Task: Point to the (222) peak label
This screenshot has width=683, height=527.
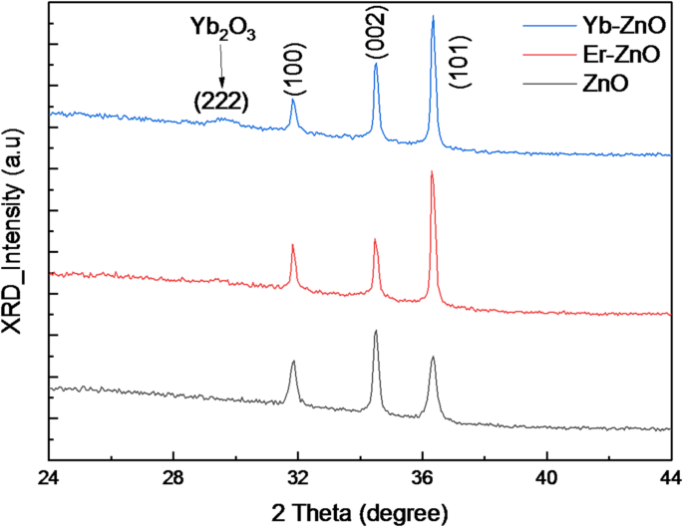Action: (x=220, y=100)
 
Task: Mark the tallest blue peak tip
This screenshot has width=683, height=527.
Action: (x=433, y=17)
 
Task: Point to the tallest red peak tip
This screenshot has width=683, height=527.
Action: (x=432, y=172)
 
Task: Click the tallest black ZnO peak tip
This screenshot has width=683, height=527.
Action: (x=376, y=332)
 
